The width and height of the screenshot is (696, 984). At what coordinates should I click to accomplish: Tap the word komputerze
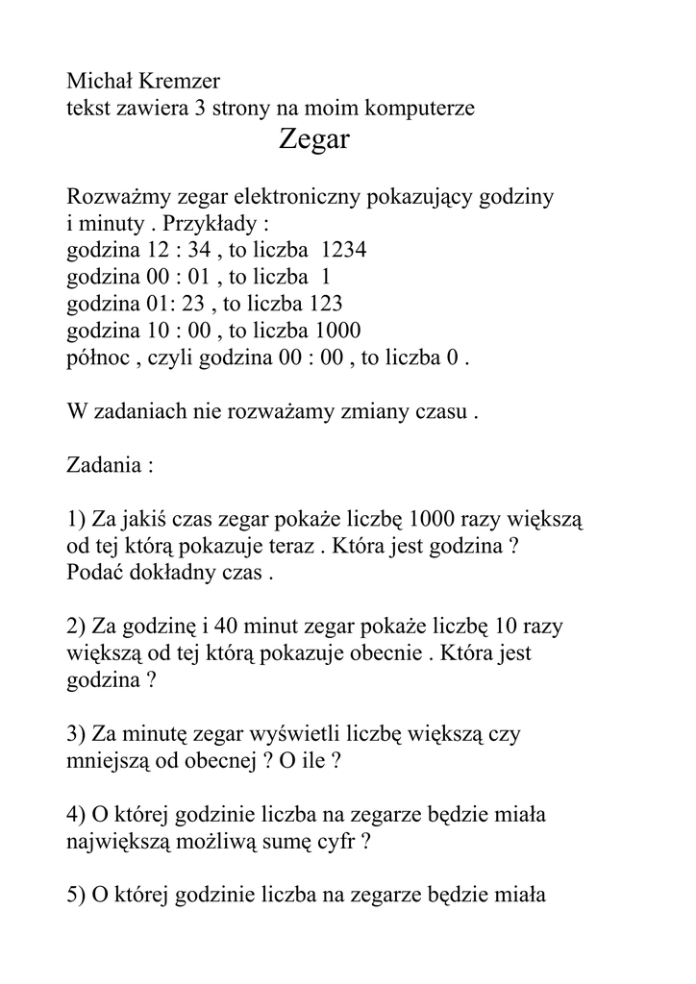tap(421, 109)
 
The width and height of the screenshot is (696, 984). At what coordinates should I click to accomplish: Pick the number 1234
tap(343, 251)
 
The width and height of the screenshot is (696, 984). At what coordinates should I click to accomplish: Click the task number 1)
tap(77, 520)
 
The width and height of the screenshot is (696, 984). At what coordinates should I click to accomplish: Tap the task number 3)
tap(77, 734)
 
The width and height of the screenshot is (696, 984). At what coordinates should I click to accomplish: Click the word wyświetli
tap(292, 734)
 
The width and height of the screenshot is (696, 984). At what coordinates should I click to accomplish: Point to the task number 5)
tap(77, 896)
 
